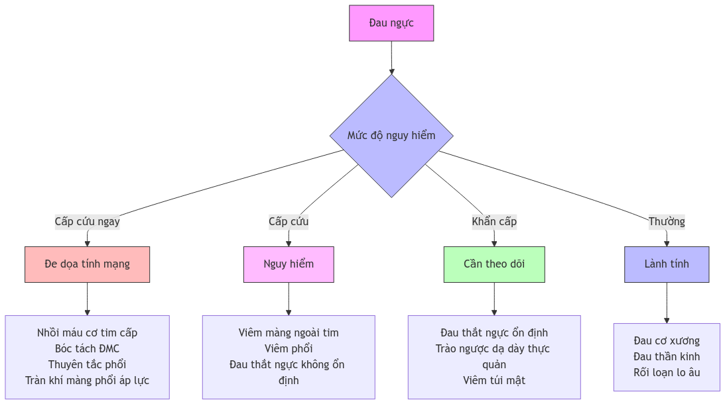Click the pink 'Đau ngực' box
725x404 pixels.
[391, 23]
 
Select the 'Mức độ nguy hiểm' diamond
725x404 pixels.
[391, 136]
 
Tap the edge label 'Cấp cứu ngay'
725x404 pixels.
[87, 221]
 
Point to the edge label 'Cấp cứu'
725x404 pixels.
[289, 221]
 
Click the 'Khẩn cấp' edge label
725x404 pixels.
[494, 221]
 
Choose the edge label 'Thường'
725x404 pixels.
[667, 221]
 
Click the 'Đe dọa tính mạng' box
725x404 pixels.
[88, 264]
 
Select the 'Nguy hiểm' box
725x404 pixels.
[289, 264]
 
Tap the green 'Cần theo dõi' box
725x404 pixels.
[494, 264]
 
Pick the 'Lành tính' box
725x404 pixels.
[667, 264]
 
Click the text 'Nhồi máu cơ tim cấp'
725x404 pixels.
[87, 332]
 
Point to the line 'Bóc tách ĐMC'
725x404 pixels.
[87, 348]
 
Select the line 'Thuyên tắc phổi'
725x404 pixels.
[87, 364]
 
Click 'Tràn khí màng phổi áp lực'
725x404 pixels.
[87, 380]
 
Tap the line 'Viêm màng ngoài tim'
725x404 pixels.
[289, 332]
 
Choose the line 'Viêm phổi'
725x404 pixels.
[289, 348]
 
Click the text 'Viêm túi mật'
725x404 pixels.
[494, 380]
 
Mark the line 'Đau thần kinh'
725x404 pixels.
[667, 356]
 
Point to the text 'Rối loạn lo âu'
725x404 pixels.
[667, 372]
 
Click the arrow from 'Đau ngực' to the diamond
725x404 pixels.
[391, 58]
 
